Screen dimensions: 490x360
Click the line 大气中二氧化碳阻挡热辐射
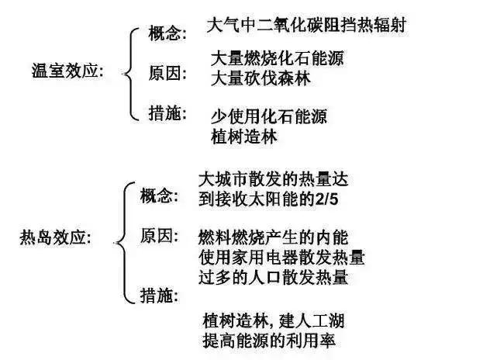point(306,25)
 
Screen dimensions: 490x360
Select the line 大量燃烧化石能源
point(278,58)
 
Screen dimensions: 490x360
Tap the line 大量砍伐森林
point(261,78)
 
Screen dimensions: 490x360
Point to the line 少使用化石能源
point(269,116)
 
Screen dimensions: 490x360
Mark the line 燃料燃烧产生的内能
point(273,237)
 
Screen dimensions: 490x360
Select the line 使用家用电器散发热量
point(281,257)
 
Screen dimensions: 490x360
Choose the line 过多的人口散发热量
point(273,277)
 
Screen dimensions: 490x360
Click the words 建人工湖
point(311,320)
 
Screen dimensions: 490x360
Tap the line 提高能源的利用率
point(269,341)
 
